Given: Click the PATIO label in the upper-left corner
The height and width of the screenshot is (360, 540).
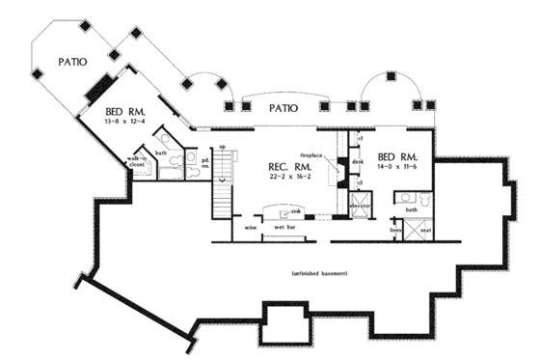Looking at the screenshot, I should pos(72,61).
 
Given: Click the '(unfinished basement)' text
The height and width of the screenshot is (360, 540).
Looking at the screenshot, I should pos(319,274).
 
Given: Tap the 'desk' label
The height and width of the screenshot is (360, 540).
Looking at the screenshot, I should pos(357,161).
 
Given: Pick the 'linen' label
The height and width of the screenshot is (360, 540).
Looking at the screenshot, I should pos(395,230).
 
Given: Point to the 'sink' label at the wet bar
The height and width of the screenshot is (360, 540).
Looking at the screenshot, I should pos(296,209).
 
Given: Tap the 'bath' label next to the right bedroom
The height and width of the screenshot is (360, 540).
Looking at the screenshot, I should pos(412,208).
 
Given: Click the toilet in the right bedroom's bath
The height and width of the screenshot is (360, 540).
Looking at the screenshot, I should pos(400,198).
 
